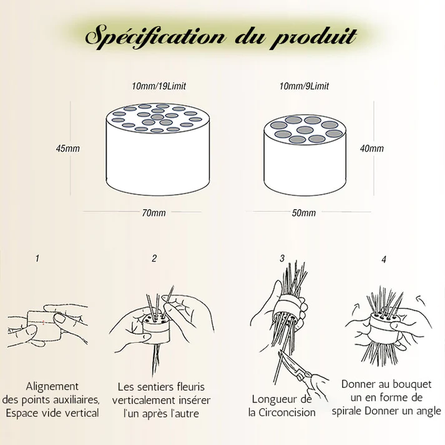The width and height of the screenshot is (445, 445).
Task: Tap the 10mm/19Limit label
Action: [150, 86]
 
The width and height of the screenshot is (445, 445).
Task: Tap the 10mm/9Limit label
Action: [304, 86]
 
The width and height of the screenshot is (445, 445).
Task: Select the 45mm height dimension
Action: [67, 149]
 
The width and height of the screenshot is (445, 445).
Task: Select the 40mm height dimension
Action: [372, 149]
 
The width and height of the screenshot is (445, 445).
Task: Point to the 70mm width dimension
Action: [154, 213]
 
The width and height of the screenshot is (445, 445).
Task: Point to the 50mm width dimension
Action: [304, 213]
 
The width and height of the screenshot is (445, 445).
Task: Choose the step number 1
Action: [37, 258]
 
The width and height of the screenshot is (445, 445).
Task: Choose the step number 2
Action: [154, 258]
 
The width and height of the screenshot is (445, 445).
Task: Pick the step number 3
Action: [282, 258]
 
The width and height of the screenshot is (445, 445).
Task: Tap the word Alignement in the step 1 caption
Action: [52, 386]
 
